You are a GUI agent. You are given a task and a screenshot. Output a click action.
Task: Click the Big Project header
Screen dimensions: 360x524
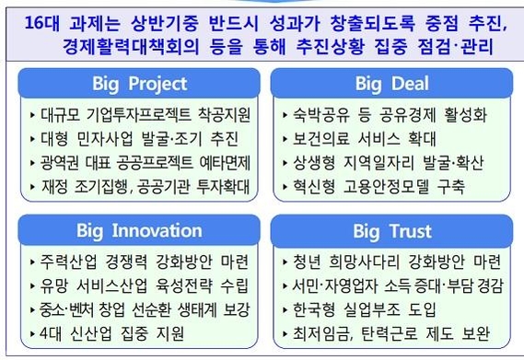[139, 85]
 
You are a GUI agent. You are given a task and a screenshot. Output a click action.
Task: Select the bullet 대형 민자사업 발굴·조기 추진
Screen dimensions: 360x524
[130, 141]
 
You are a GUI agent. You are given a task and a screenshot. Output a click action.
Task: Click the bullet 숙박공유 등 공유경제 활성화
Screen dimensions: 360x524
[387, 116]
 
